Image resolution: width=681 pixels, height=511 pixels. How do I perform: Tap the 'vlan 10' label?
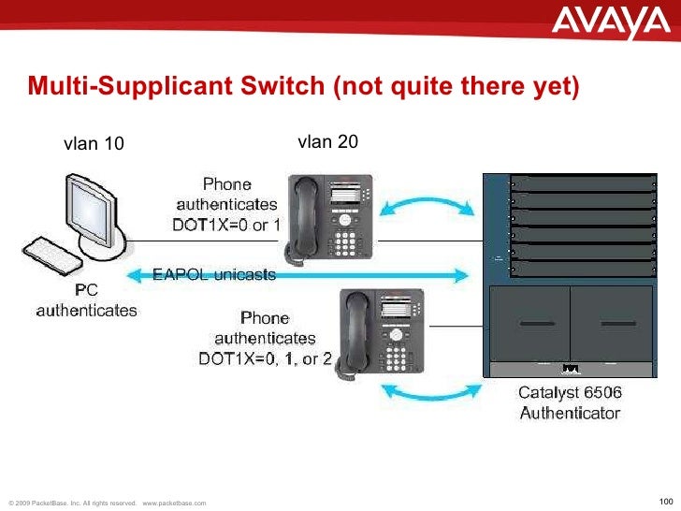[x=93, y=143]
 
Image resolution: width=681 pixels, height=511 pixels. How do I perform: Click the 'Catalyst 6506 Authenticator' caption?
[x=570, y=403]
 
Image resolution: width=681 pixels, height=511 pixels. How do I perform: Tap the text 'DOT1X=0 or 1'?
[x=226, y=225]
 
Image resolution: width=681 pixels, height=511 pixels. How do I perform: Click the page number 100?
[x=666, y=499]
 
